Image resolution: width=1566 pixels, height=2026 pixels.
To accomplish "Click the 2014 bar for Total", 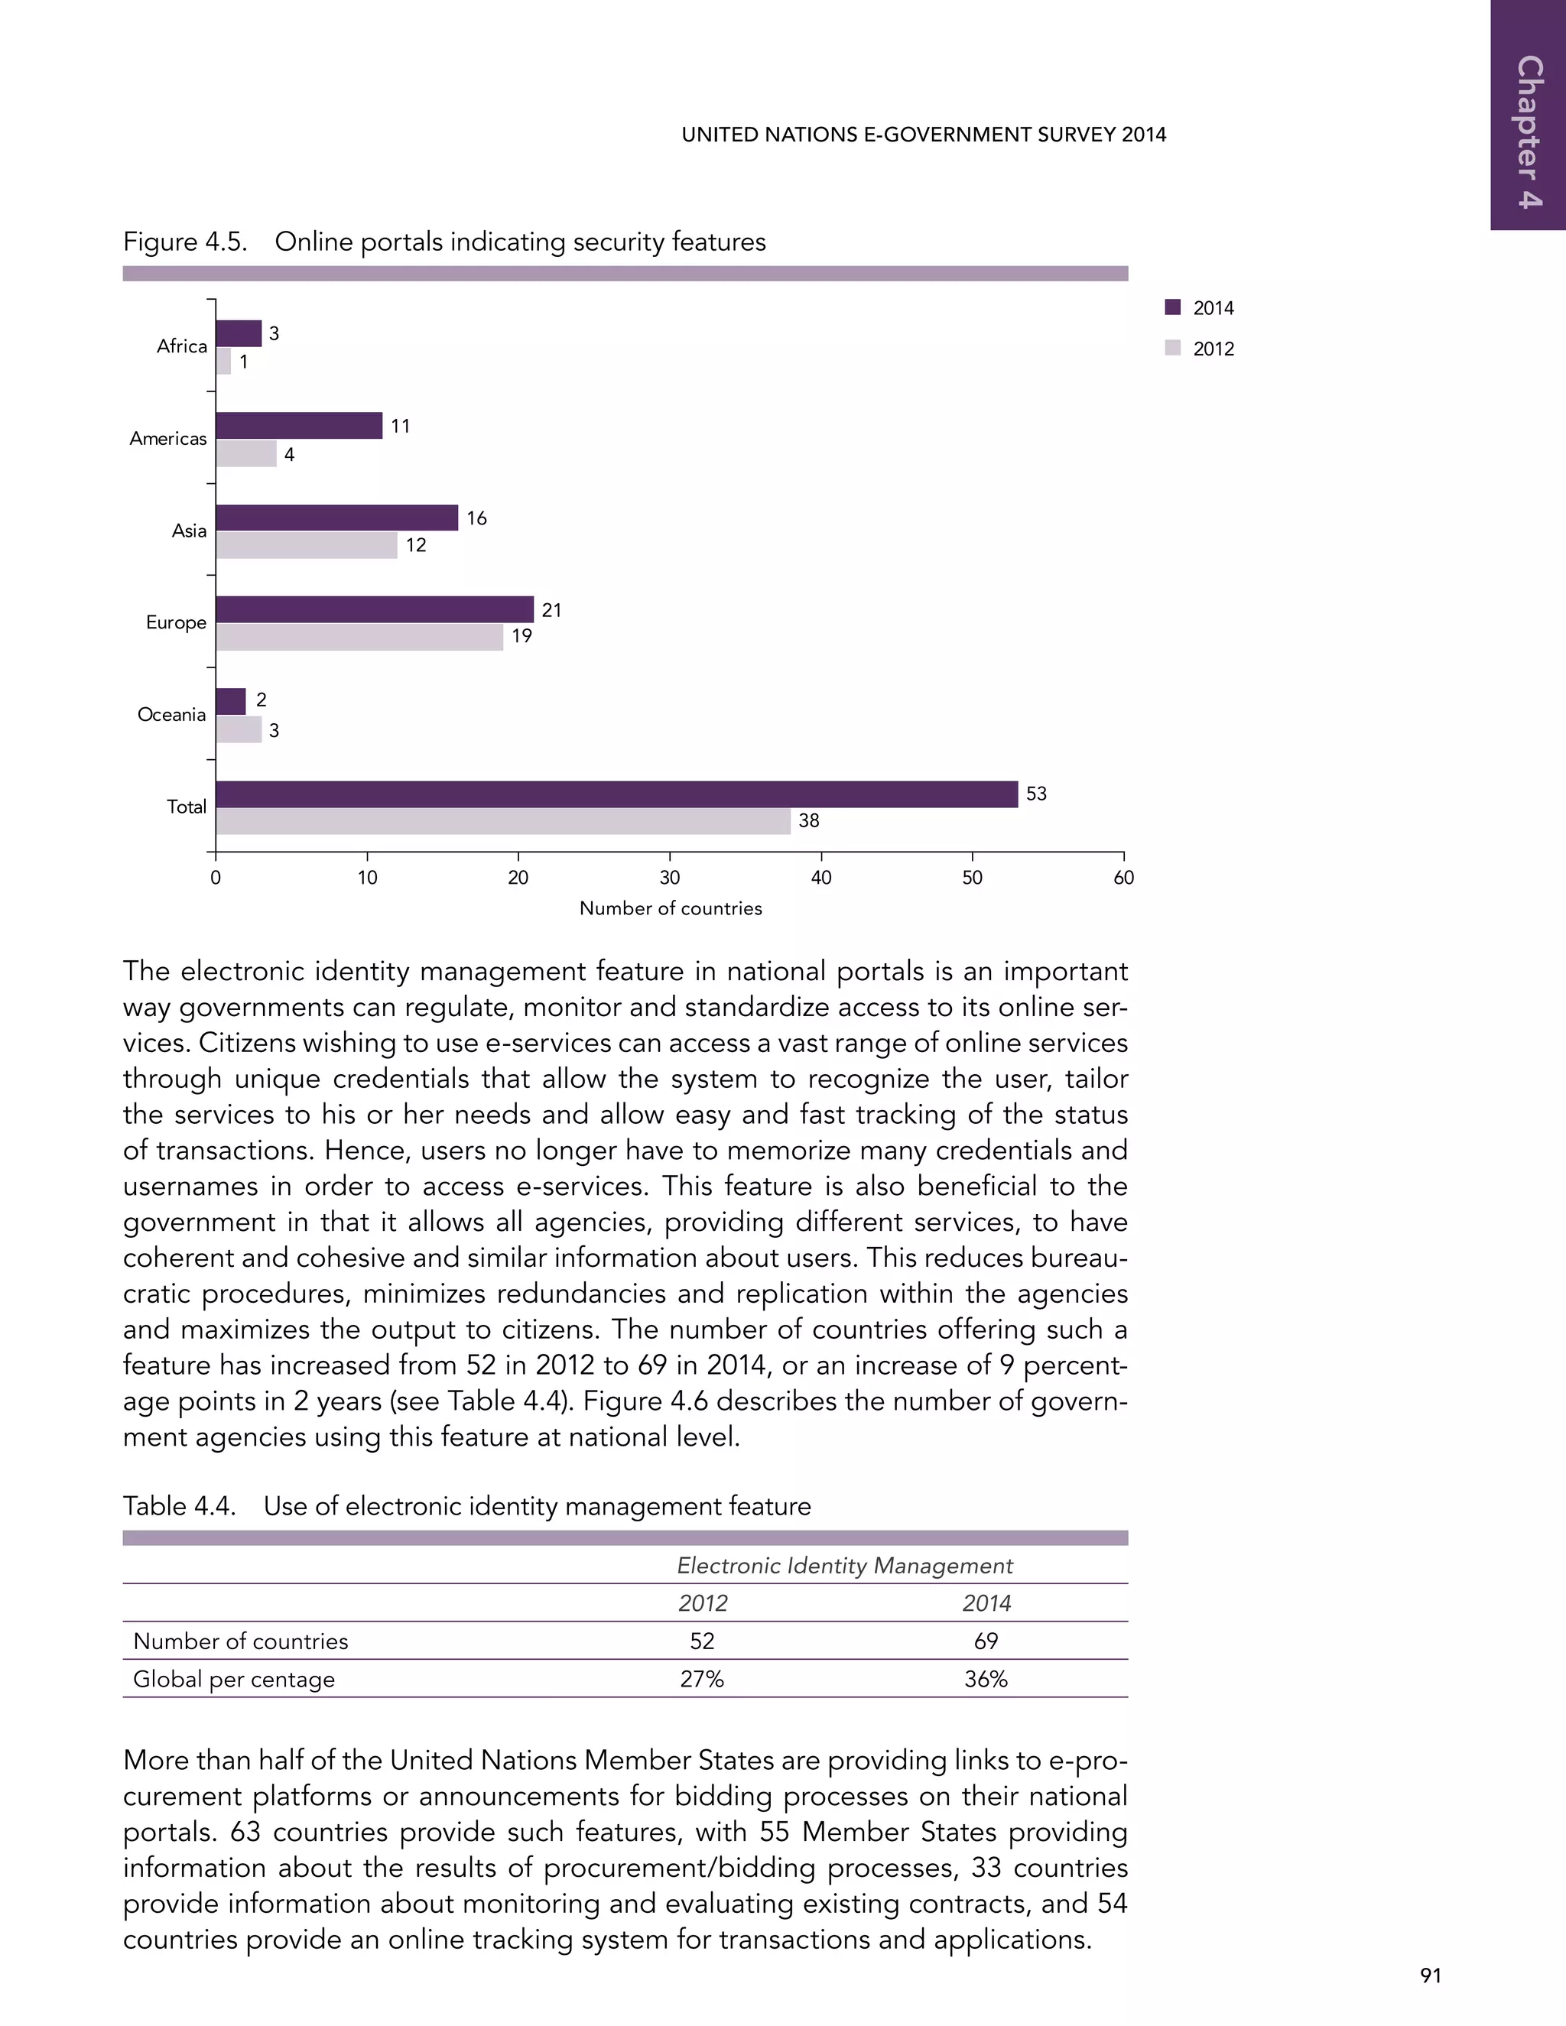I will coord(616,794).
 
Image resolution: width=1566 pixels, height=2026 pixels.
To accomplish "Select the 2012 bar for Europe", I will coord(360,638).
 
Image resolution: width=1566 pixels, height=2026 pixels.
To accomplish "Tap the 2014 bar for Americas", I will coord(299,426).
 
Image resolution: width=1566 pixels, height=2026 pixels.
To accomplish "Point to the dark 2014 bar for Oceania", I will coord(231,701).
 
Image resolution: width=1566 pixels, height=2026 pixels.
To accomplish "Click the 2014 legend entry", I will coord(1200,308).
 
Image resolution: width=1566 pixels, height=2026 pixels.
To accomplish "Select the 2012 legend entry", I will coord(1200,349).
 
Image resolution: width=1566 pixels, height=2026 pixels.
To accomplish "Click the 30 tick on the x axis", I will coord(669,878).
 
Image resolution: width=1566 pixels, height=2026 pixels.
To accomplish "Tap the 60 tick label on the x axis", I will coord(1123,878).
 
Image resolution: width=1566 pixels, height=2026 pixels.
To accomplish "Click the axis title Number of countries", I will coord(670,909).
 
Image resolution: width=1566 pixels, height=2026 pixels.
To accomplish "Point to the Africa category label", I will coord(182,346).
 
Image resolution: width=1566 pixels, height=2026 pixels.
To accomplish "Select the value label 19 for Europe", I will coord(521,636).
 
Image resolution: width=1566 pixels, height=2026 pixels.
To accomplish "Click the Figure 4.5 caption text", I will coord(444,242).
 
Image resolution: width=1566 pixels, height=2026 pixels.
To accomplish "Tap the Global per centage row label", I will coord(234,1679).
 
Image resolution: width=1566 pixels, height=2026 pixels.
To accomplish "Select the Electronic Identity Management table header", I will coord(844,1566).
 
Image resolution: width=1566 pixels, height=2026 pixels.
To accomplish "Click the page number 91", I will coord(1430,1976).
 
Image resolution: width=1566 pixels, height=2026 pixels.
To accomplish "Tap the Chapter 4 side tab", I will coord(1529,130).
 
